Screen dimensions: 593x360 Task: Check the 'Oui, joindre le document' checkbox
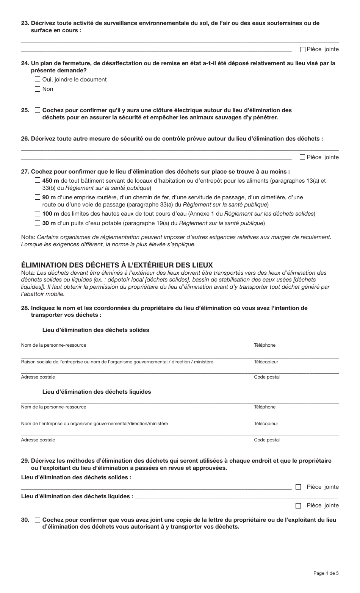37,79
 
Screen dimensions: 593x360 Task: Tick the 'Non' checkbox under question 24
37,89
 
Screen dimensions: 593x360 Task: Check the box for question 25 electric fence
37,110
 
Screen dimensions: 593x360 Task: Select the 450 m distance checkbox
37,181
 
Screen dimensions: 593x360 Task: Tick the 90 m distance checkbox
37,197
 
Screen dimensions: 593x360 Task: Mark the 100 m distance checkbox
37,214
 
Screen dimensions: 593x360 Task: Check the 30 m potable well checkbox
37,223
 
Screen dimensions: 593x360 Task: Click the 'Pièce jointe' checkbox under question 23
302,49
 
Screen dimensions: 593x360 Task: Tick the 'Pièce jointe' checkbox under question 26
302,157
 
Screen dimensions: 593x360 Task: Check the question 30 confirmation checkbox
37,520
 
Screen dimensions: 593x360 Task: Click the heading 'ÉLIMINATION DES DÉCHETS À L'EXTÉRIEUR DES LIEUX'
117,265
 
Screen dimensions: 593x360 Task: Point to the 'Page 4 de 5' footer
326,573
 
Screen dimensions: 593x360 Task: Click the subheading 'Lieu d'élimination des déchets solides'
95,330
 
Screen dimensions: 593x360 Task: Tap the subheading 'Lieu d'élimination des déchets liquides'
96,392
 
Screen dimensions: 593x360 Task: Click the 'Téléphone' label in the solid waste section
265,345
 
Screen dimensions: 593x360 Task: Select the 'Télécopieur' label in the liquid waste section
266,424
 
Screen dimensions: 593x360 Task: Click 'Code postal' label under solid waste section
266,377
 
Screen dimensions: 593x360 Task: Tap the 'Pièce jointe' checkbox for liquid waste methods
298,505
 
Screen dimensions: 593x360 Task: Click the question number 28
25,308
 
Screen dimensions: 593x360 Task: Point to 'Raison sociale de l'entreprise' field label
117,362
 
